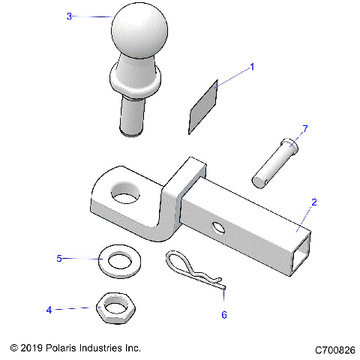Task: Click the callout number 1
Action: pyautogui.click(x=252, y=67)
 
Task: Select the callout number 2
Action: pyautogui.click(x=314, y=202)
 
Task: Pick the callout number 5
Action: pyautogui.click(x=59, y=258)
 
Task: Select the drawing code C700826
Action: pyautogui.click(x=335, y=349)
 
